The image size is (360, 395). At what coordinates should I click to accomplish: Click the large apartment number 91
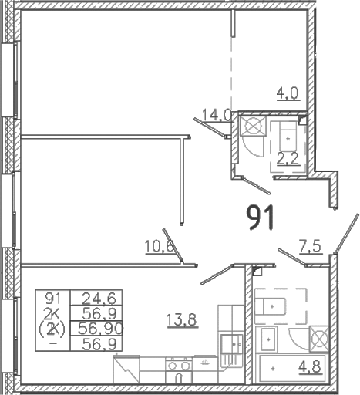click(x=261, y=218)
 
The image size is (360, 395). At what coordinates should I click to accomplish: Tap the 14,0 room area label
click(x=217, y=115)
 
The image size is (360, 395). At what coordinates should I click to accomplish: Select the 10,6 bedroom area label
click(x=160, y=247)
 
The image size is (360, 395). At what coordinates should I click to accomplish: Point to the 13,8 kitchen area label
click(x=182, y=320)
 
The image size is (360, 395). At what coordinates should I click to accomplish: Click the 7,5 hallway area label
click(x=310, y=247)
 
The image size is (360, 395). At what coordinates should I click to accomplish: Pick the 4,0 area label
click(x=288, y=93)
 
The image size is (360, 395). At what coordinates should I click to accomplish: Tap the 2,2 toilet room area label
click(x=288, y=159)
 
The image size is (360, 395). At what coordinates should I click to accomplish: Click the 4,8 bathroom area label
click(x=310, y=366)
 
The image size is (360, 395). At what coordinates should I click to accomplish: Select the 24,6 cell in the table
click(x=99, y=298)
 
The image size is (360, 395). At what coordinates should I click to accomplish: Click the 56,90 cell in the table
click(x=100, y=329)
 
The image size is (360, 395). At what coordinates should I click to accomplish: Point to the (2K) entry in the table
click(x=52, y=329)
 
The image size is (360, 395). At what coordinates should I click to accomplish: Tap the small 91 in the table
click(x=52, y=299)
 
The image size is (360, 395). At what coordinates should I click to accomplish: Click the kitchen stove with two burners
click(x=179, y=370)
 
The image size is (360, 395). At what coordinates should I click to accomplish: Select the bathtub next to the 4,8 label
click(x=292, y=368)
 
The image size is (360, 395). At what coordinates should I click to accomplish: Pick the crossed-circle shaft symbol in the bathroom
click(x=319, y=339)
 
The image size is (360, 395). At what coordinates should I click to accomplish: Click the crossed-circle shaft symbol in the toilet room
click(x=253, y=126)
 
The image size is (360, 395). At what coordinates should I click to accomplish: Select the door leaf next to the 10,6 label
click(x=173, y=245)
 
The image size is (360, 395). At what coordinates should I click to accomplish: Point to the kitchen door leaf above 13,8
click(x=217, y=275)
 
